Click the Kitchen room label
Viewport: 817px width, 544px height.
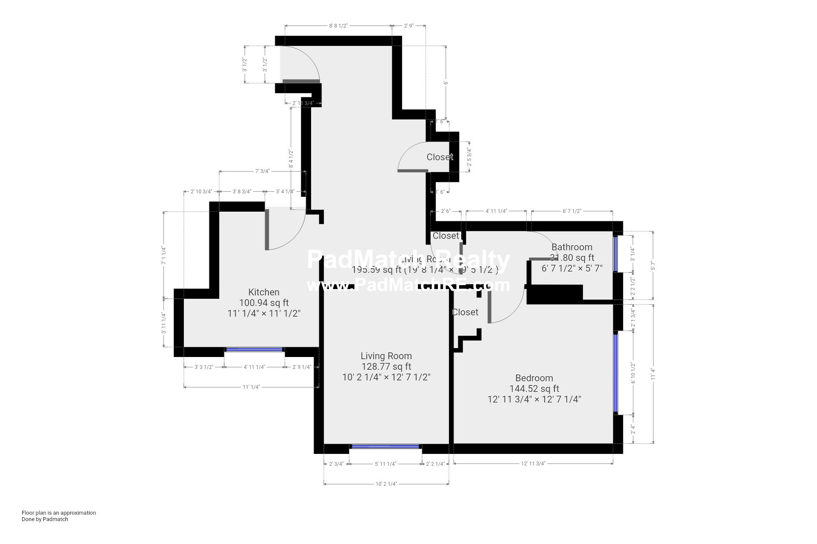pyautogui.click(x=264, y=292)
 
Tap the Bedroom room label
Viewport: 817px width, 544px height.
pyautogui.click(x=534, y=378)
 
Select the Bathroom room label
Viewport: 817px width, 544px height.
pyautogui.click(x=571, y=247)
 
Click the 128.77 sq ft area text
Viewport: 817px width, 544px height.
pyautogui.click(x=386, y=366)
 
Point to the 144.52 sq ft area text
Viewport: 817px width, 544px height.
pyautogui.click(x=534, y=388)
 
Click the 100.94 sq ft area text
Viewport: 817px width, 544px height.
pyautogui.click(x=264, y=303)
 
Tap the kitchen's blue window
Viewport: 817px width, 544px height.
pyautogui.click(x=254, y=349)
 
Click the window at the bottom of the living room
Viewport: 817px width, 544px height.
pyautogui.click(x=385, y=446)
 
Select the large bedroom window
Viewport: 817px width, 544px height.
pyautogui.click(x=615, y=373)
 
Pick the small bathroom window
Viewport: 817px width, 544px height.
pyautogui.click(x=615, y=254)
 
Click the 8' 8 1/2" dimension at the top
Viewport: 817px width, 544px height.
pyautogui.click(x=338, y=25)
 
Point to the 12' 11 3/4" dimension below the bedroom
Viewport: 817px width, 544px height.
pyautogui.click(x=533, y=464)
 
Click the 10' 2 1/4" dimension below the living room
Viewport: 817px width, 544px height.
pyautogui.click(x=386, y=484)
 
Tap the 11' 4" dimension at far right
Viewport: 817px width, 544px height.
pyautogui.click(x=653, y=374)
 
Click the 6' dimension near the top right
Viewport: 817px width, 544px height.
pyautogui.click(x=446, y=82)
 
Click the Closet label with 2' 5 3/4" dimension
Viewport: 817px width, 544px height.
pyautogui.click(x=440, y=157)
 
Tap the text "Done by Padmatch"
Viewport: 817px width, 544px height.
pyautogui.click(x=45, y=519)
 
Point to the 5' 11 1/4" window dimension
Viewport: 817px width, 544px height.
pyautogui.click(x=385, y=464)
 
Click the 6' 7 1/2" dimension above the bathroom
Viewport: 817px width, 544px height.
pyautogui.click(x=571, y=211)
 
